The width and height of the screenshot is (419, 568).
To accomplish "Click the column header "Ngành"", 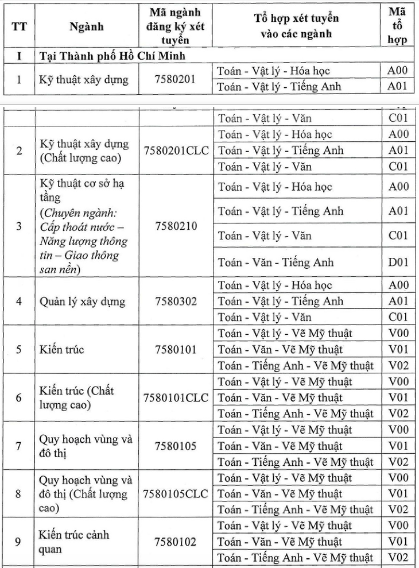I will (86, 26).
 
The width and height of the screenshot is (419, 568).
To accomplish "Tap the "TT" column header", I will (19, 26).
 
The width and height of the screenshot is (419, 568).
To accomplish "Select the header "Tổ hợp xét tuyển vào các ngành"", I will (296, 26).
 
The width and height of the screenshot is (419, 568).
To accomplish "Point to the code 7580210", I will (176, 226).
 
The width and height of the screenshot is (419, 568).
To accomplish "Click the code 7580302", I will (176, 301).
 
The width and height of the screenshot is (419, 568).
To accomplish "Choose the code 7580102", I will (176, 542).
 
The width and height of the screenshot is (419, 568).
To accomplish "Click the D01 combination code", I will (398, 262).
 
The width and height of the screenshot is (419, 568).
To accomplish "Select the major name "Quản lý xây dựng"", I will (82, 301).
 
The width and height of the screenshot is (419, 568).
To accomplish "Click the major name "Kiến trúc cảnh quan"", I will (74, 542).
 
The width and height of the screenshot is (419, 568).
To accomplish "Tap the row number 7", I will (19, 446).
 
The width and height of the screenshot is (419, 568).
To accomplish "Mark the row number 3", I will (19, 226).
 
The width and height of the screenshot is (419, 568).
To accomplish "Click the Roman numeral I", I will (19, 56).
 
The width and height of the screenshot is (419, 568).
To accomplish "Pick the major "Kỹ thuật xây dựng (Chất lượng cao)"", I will (84, 150).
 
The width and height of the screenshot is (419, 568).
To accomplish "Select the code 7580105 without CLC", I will (176, 446).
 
